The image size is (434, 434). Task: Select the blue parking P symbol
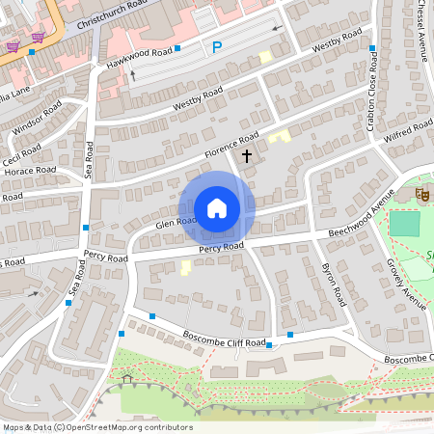point(217,45)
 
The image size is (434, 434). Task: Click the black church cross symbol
point(246,155)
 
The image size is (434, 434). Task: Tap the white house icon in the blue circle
point(216,208)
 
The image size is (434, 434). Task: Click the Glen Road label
point(176,221)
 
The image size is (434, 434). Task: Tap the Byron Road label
point(330,280)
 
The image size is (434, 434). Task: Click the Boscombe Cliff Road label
point(224,339)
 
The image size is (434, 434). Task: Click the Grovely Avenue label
point(406,285)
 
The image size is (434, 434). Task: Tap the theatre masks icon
point(421,194)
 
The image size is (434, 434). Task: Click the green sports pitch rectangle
point(406,223)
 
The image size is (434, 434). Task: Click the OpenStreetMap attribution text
point(96,426)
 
